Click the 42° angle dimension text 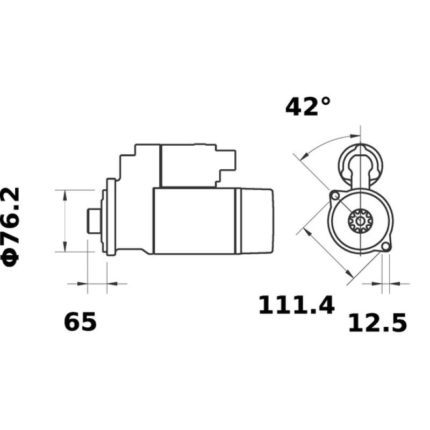pos(308,106)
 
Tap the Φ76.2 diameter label pos(12,226)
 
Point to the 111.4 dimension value pos(296,305)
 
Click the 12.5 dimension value pos(377,324)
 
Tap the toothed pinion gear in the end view pos(357,220)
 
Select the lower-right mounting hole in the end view pos(385,247)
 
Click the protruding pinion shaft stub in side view pos(92,220)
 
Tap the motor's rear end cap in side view pos(257,220)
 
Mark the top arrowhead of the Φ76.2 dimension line pos(64,194)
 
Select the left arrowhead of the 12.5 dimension pos(377,282)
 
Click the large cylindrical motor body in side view pos(193,220)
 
